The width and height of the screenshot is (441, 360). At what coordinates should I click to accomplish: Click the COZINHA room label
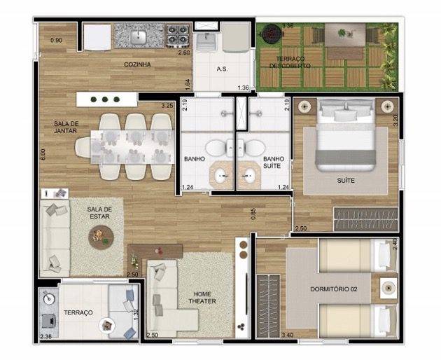tap(138, 64)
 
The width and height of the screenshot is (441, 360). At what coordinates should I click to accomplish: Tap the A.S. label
tap(221, 69)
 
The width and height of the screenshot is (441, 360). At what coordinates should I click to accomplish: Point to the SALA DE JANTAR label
tap(66, 127)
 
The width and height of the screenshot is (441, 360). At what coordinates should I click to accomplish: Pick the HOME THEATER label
tap(201, 298)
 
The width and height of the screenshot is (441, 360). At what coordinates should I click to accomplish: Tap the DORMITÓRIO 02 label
tap(339, 289)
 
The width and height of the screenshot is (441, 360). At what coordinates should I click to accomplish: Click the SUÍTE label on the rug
tap(345, 180)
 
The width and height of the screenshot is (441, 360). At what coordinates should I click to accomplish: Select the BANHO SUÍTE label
tap(273, 163)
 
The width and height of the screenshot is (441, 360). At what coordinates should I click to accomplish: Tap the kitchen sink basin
tap(138, 35)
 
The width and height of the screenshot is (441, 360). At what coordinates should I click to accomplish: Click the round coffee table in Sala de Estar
tap(101, 239)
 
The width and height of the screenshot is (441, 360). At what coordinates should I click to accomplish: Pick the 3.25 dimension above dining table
tap(167, 106)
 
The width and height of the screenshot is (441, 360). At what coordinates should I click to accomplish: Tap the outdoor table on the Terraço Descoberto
tap(345, 35)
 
